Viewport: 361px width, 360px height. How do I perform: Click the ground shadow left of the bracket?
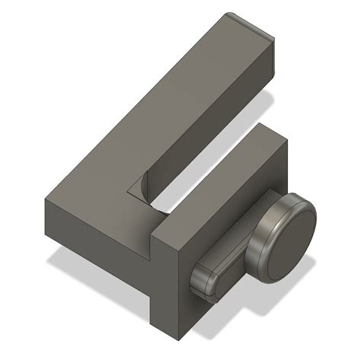coord(69,263)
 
